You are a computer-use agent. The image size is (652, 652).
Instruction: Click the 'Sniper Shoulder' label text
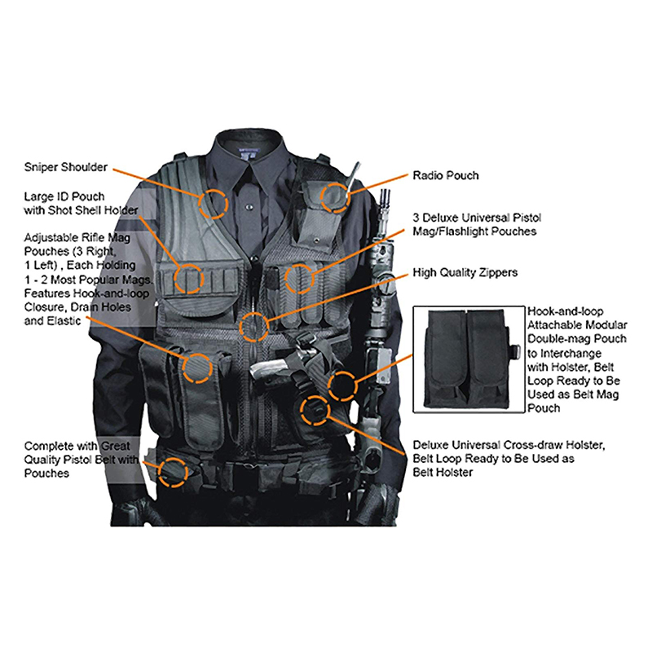tap(65, 167)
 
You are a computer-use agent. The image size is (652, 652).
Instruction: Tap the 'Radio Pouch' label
tap(446, 175)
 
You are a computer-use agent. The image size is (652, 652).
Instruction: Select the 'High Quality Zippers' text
tap(465, 272)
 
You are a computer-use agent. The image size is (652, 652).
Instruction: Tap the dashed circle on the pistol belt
tap(172, 471)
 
